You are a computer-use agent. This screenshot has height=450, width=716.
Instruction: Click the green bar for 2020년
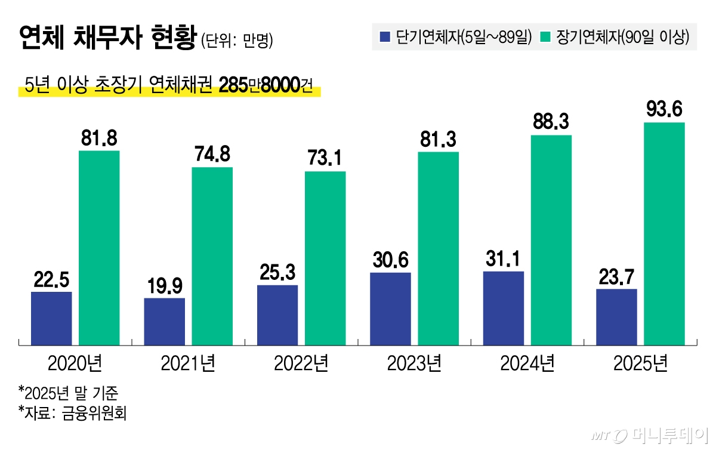pyautogui.click(x=99, y=248)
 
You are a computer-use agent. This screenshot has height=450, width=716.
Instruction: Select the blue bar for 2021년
pyautogui.click(x=165, y=321)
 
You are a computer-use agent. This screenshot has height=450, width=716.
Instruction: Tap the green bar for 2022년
pyautogui.click(x=325, y=258)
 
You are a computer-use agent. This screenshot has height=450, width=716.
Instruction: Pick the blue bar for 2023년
pyautogui.click(x=390, y=309)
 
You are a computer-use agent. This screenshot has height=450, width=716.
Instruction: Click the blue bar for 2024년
pyautogui.click(x=504, y=308)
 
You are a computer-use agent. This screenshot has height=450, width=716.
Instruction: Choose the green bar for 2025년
pyautogui.click(x=664, y=233)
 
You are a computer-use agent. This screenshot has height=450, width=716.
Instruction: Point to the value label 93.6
pyautogui.click(x=664, y=110)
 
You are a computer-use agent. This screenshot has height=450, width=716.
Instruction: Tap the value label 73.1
pyautogui.click(x=325, y=159)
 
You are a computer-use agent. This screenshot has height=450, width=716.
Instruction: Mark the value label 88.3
pyautogui.click(x=551, y=122)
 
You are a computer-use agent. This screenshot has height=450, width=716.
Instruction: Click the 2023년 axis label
pyautogui.click(x=414, y=363)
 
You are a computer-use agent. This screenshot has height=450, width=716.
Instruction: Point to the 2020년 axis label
pyautogui.click(x=75, y=363)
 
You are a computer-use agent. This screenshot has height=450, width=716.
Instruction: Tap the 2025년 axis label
pyautogui.click(x=640, y=363)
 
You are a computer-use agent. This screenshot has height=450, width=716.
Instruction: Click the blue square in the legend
pyautogui.click(x=385, y=38)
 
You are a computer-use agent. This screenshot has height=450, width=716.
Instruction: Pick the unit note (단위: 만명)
pyautogui.click(x=237, y=41)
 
